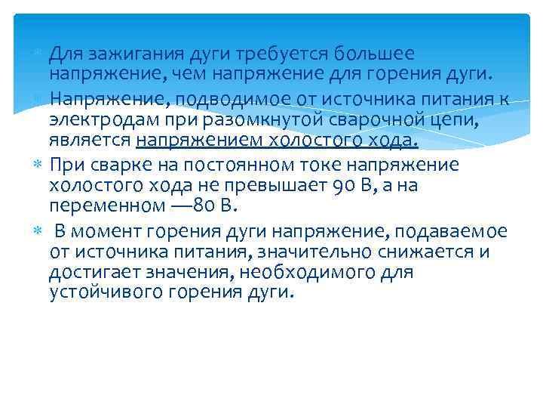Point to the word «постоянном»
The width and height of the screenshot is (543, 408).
(x=259, y=165)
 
